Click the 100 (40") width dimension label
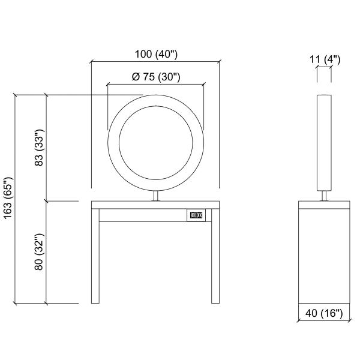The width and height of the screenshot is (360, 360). [156, 55]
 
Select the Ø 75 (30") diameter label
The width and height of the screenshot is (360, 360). [156, 77]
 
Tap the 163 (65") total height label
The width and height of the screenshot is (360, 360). [8, 198]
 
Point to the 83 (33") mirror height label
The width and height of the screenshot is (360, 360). [39, 148]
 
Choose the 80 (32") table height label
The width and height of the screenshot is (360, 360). [39, 251]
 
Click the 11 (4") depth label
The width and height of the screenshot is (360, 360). [325, 59]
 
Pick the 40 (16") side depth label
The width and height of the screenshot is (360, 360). [324, 313]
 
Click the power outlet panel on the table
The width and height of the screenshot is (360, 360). [196, 215]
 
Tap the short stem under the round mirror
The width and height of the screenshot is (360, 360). [156, 196]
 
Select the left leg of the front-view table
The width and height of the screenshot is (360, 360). [95, 256]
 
